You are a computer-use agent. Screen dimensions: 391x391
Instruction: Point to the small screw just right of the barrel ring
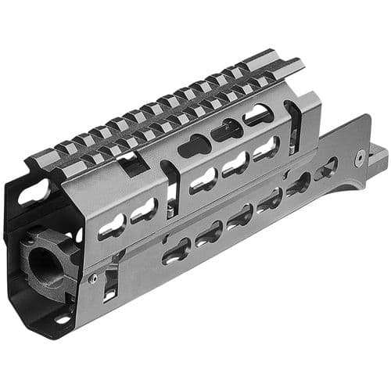coord(92,277)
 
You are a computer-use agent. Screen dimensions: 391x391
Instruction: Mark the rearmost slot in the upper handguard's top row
coord(258,116)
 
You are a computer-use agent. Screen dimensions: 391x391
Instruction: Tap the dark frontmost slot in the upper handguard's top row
coord(192,145)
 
